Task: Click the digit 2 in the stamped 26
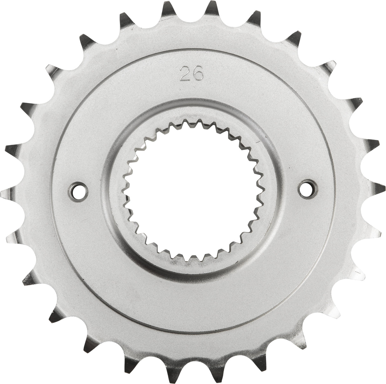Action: coord(184,74)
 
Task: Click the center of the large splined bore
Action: coord(193,191)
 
